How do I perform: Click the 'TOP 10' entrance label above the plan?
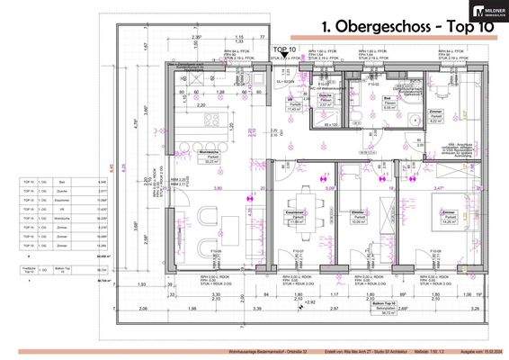(285, 49)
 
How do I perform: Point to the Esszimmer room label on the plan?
(295, 217)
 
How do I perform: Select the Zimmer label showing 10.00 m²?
(357, 217)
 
